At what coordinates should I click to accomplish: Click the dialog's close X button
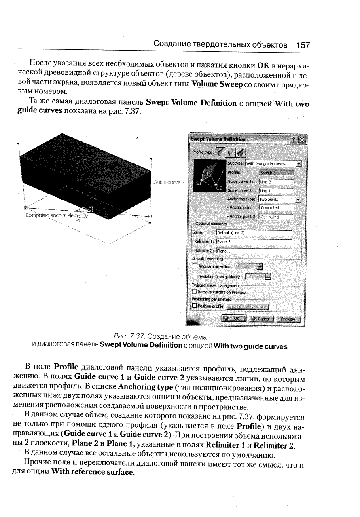point(302,139)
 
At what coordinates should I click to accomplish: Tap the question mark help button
point(293,139)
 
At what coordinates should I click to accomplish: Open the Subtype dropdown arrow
point(299,164)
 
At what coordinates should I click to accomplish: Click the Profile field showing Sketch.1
point(276,172)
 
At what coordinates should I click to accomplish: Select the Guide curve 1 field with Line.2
point(276,182)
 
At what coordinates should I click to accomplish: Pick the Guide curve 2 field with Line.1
point(276,191)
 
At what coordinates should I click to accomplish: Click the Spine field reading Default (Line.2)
point(254,232)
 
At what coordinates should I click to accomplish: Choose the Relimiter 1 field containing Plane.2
point(254,241)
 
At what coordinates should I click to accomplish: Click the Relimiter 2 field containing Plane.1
point(254,250)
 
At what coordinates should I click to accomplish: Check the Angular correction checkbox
point(194,267)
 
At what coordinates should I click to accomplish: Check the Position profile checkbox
point(194,306)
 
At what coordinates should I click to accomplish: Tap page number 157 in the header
point(303,45)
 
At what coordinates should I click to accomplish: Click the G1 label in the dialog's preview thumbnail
point(199,183)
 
